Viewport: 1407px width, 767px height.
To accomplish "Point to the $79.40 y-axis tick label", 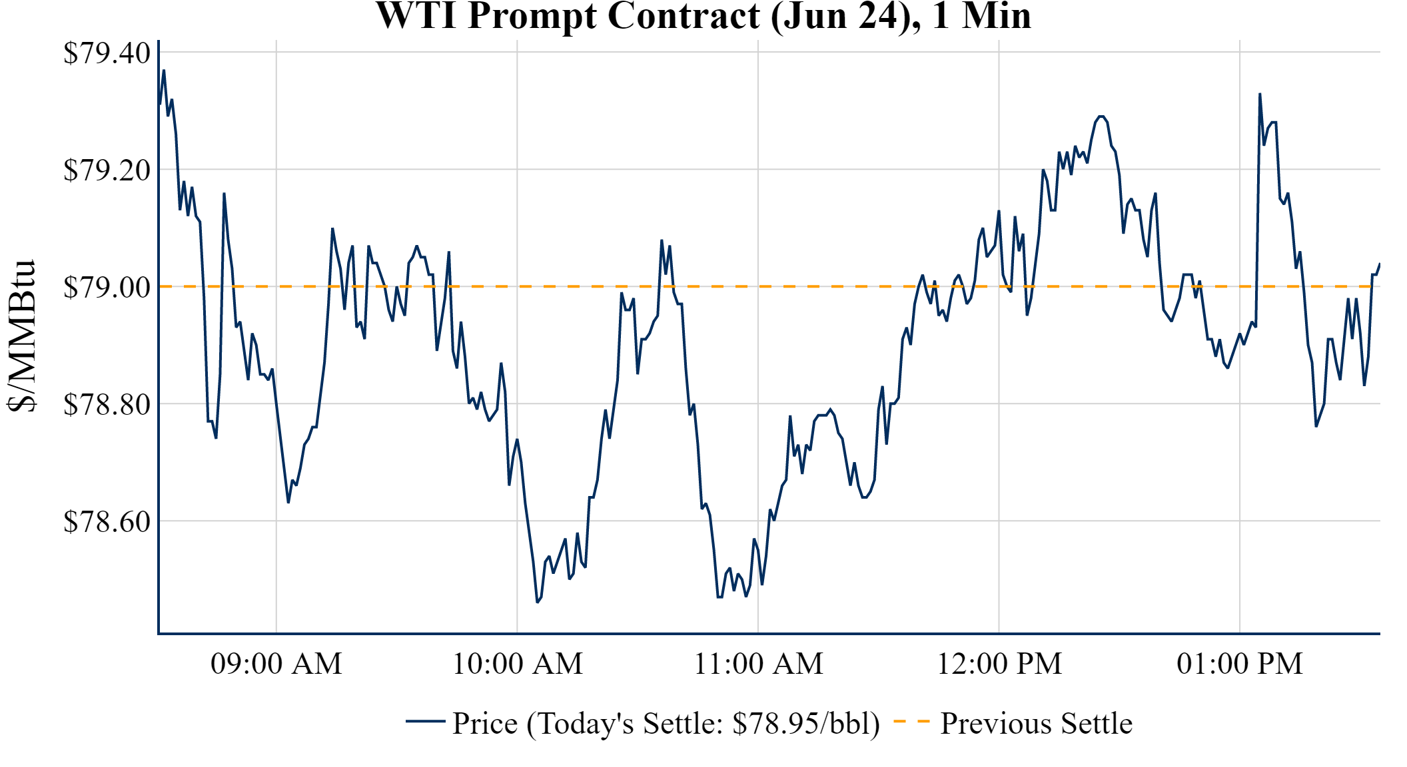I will pyautogui.click(x=107, y=53).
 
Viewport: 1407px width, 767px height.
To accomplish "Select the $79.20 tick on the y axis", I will pyautogui.click(x=107, y=170).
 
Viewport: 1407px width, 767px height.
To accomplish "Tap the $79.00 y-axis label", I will pyautogui.click(x=107, y=288).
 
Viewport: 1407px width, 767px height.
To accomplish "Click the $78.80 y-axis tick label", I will pyautogui.click(x=107, y=405).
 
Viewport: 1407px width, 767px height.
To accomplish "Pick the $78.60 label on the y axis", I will pyautogui.click(x=107, y=522).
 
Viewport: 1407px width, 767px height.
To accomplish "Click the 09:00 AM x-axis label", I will pyautogui.click(x=276, y=664).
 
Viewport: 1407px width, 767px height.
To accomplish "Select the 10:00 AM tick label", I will pyautogui.click(x=518, y=664).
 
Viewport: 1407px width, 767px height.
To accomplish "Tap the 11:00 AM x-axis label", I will pyautogui.click(x=759, y=664).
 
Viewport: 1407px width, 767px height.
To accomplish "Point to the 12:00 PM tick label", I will pyautogui.click(x=999, y=664).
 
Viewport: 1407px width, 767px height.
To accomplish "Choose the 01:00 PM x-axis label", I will pyautogui.click(x=1240, y=664).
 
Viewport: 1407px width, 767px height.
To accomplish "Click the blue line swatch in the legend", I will pyautogui.click(x=425, y=721).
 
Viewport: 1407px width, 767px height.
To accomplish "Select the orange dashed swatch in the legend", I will pyautogui.click(x=911, y=721).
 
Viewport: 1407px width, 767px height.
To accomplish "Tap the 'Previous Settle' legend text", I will pyautogui.click(x=1036, y=724).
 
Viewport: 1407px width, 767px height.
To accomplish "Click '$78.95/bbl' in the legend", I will pyautogui.click(x=805, y=724).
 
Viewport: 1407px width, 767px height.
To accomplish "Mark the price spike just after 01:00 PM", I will pyautogui.click(x=1260, y=95).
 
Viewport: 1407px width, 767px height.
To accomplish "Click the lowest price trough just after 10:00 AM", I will pyautogui.click(x=537, y=602).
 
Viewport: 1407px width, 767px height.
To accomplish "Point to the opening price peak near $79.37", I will pyautogui.click(x=164, y=71).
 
